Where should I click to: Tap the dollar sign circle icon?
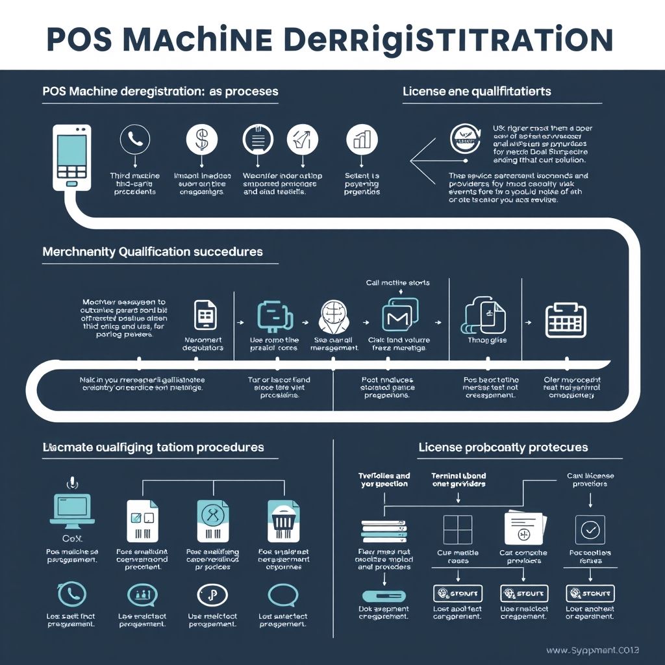click(x=201, y=138)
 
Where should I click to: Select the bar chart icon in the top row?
click(x=362, y=138)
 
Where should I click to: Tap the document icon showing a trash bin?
click(x=284, y=520)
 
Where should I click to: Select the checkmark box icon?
click(x=590, y=530)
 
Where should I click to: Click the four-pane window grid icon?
click(x=457, y=529)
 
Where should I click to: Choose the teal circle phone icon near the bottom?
click(x=71, y=594)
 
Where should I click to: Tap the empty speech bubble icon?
click(x=283, y=594)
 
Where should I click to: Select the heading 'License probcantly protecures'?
click(x=503, y=447)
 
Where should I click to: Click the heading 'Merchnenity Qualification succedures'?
click(x=153, y=251)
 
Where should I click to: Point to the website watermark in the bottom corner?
click(x=601, y=650)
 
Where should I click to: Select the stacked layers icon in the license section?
click(x=384, y=530)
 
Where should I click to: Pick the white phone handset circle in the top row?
click(x=134, y=138)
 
